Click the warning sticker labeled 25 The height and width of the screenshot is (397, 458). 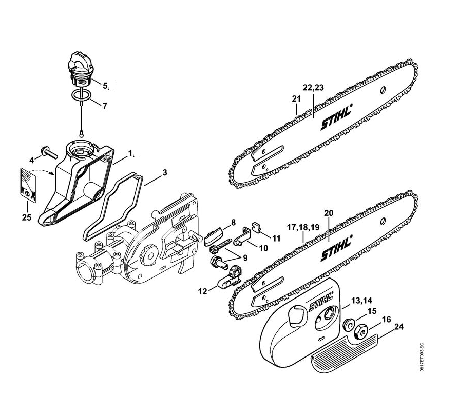[28, 184]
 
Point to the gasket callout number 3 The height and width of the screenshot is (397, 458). [164, 172]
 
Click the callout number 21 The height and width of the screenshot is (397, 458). [296, 98]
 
